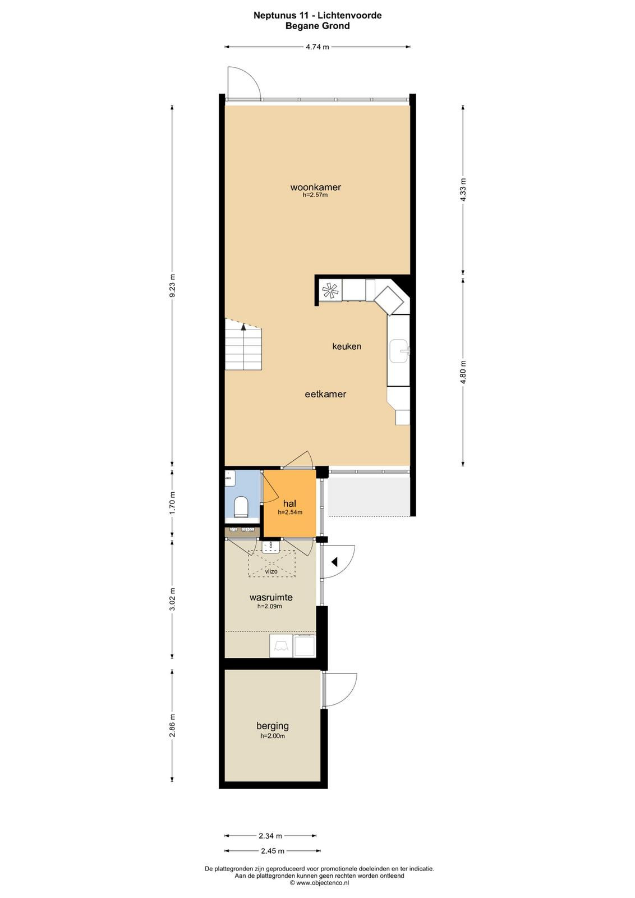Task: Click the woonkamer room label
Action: tap(316, 187)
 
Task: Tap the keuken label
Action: tap(347, 346)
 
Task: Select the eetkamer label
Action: tap(325, 394)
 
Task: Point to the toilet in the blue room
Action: tap(241, 506)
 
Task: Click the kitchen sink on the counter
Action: tap(398, 351)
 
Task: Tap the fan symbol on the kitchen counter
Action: tap(331, 290)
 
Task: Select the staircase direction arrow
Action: tap(243, 327)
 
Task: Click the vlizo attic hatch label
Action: tap(272, 571)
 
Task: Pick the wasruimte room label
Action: tap(271, 597)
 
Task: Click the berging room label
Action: tap(273, 726)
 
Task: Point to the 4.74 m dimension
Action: tap(317, 47)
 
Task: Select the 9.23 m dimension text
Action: tap(172, 285)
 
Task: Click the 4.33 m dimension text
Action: tap(463, 191)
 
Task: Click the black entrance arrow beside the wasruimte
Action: tap(335, 562)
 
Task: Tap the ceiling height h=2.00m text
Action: tap(273, 736)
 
